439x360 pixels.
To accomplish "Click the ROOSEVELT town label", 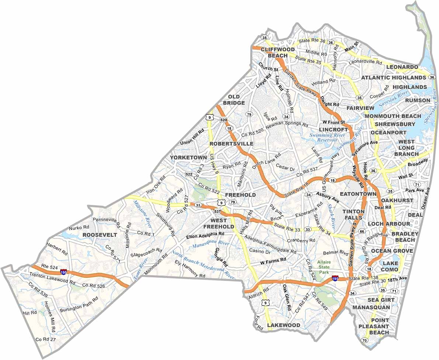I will (x=100, y=235).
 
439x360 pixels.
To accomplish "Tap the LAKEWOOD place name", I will (x=283, y=325).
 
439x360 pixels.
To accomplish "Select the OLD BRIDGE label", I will (x=234, y=100).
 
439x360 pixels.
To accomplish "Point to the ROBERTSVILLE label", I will (x=231, y=143).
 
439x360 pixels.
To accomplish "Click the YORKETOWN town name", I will (x=189, y=157).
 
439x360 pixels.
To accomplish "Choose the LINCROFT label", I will (x=333, y=130).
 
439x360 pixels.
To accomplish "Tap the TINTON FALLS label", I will (x=353, y=215).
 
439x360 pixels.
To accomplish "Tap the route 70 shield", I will (x=364, y=340).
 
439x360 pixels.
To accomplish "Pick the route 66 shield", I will (x=362, y=232).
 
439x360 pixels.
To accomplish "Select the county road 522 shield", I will (x=189, y=174).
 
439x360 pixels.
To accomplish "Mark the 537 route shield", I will (x=217, y=212).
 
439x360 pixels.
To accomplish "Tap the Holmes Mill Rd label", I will (x=49, y=316).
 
